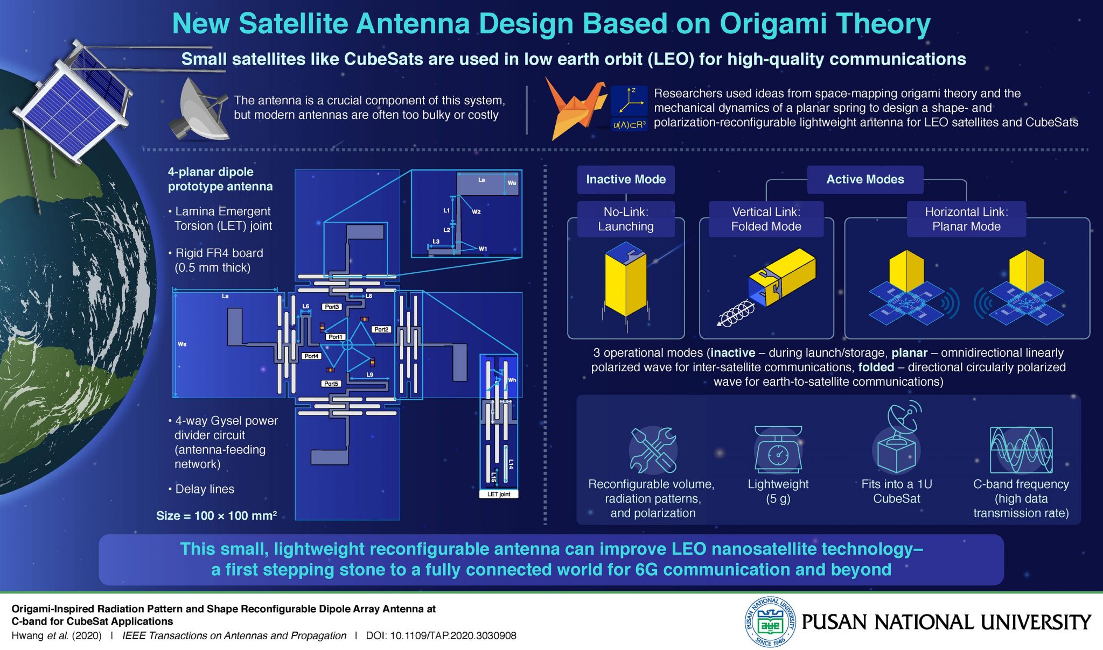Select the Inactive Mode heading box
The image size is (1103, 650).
point(626,179)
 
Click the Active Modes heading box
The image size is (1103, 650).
point(865,179)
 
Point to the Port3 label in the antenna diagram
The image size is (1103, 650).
point(332,307)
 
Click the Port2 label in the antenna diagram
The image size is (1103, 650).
point(381,329)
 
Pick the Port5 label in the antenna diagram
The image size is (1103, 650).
point(331,384)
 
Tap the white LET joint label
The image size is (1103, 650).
point(499,494)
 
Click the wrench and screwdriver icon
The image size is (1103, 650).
point(653,450)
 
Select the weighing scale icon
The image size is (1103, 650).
point(778,450)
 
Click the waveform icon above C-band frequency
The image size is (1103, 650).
point(1021,450)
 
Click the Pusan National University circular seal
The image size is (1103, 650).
point(770,622)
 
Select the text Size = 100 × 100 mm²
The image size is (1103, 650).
point(217,515)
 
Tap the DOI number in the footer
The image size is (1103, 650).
point(452,635)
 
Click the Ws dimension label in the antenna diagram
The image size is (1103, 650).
point(182,344)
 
